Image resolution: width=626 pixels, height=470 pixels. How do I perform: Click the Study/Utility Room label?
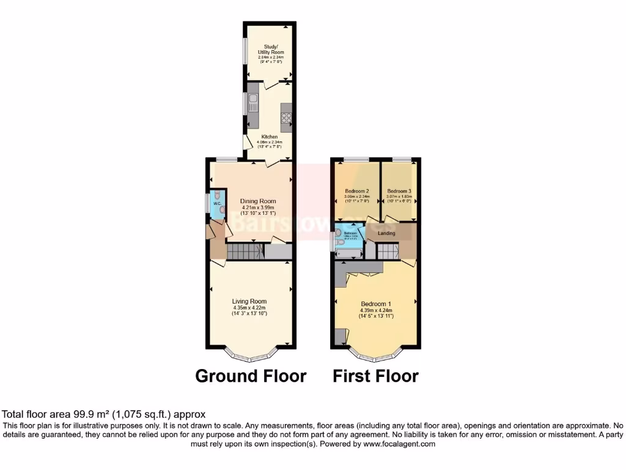click(270, 49)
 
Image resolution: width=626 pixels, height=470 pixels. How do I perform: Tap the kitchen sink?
click(253, 102)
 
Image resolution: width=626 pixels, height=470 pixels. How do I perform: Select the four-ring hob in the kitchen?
click(285, 115)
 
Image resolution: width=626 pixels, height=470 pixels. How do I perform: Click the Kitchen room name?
click(270, 136)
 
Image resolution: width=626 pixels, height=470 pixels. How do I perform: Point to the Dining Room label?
click(257, 201)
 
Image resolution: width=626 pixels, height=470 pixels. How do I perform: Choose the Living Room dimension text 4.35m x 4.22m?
click(249, 307)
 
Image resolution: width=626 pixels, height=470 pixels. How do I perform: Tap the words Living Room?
click(249, 301)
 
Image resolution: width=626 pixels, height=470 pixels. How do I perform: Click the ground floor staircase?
click(245, 251)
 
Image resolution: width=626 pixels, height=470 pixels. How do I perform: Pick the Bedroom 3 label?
click(399, 191)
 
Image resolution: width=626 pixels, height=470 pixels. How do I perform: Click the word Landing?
click(386, 233)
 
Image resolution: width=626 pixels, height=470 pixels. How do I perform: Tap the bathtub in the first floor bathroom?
click(348, 252)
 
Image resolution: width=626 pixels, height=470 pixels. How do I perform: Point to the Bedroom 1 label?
click(377, 304)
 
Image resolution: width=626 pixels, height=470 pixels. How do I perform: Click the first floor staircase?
click(387, 251)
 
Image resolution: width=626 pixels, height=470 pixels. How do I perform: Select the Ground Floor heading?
click(251, 376)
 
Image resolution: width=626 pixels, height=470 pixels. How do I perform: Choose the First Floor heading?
click(375, 376)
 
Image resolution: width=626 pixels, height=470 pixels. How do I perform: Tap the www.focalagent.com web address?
click(399, 444)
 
